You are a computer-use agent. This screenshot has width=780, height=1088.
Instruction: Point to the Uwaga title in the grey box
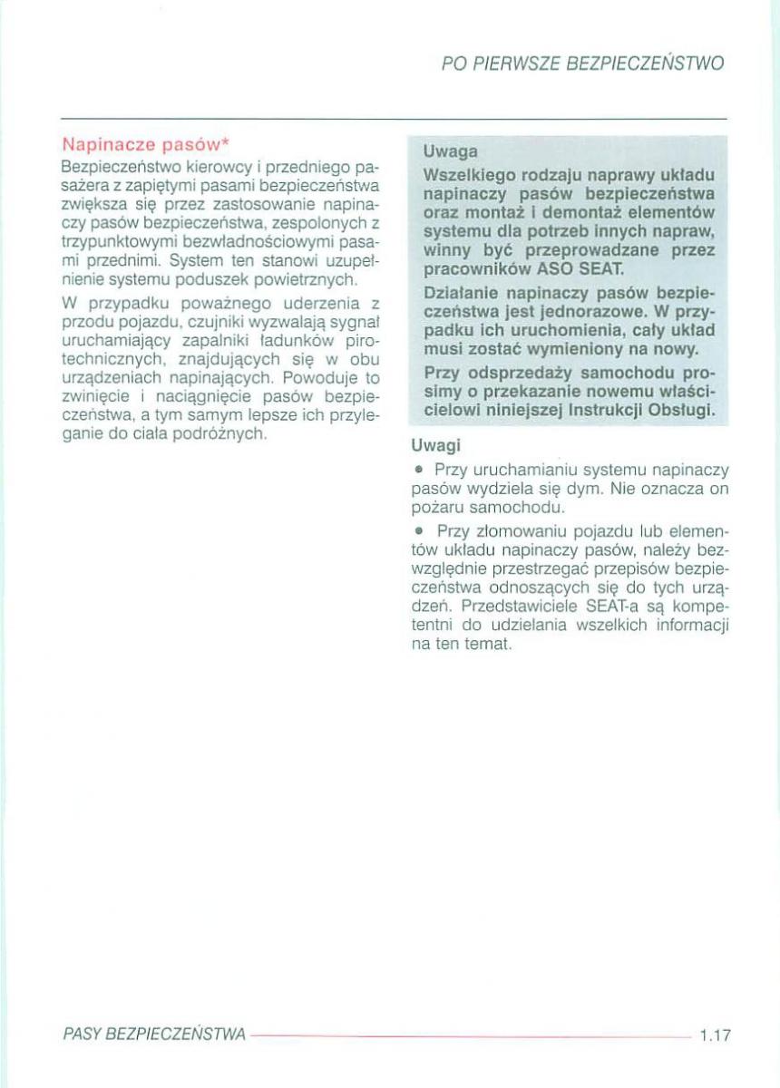(452, 151)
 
